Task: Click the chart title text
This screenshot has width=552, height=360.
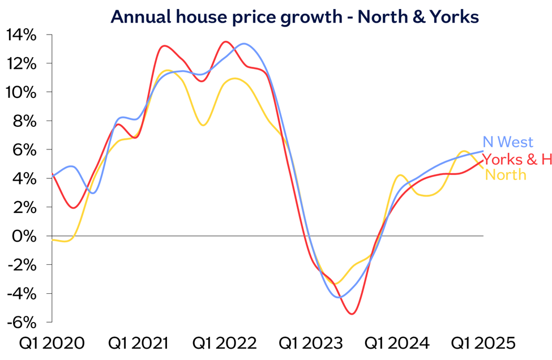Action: (294, 17)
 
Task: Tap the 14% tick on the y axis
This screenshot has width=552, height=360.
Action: (22, 35)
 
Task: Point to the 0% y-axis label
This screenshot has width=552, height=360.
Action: (25, 235)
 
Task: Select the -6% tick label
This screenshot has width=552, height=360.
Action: (23, 322)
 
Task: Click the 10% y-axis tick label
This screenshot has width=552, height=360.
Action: (22, 92)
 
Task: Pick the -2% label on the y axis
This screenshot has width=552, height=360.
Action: (23, 264)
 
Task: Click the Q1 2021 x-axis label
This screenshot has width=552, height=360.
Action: (138, 344)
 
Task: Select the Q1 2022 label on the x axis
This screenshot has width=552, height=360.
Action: (225, 344)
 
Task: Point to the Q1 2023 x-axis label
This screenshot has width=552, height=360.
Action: (311, 344)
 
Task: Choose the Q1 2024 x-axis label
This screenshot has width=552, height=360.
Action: (397, 344)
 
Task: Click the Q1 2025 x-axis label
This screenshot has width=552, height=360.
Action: (483, 344)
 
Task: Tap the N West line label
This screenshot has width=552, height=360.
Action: (508, 142)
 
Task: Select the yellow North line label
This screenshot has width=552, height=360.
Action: (506, 174)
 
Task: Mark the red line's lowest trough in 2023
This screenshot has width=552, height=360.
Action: (352, 314)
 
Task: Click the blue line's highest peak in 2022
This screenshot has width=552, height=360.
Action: (244, 44)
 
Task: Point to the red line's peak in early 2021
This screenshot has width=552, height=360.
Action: (164, 46)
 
